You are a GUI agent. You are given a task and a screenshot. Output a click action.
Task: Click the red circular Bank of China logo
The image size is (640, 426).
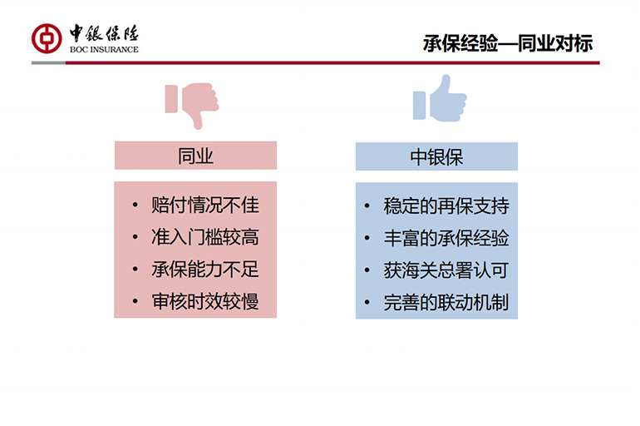[47, 38]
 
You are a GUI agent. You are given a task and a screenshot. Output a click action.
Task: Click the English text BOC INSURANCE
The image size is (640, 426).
[104, 49]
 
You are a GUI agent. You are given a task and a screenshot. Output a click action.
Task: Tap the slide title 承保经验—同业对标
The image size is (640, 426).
[507, 43]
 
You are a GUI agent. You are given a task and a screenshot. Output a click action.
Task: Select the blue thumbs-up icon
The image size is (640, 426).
[440, 98]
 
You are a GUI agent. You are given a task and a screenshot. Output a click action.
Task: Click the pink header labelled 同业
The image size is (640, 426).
[195, 156]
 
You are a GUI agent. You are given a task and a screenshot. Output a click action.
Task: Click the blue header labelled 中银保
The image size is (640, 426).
[436, 156]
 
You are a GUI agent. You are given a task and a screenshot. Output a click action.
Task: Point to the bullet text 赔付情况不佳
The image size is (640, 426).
[205, 205]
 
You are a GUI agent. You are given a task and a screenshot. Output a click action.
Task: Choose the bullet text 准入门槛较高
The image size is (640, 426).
[205, 237]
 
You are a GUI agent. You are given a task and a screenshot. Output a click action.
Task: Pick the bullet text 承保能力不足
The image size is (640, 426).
[205, 269]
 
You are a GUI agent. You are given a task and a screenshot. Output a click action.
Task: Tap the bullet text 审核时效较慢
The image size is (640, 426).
[205, 301]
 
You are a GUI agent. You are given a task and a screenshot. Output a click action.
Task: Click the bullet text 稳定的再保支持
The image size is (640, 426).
[446, 206]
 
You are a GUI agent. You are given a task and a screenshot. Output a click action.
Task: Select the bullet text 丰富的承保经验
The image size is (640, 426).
[446, 238]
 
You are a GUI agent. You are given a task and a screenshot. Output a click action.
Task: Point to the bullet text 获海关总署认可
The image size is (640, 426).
[446, 270]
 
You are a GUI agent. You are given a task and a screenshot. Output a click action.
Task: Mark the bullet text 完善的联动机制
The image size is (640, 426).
[446, 302]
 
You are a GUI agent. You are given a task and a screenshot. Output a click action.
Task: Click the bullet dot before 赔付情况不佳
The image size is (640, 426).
[135, 205]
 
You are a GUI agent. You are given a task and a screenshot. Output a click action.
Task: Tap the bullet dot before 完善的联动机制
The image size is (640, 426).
[367, 303]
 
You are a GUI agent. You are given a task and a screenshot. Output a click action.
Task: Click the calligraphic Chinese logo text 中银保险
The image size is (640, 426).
[104, 33]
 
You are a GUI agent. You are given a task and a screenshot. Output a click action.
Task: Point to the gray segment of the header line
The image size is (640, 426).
[48, 63]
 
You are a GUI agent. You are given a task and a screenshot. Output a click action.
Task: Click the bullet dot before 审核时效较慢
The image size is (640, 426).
[135, 302]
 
